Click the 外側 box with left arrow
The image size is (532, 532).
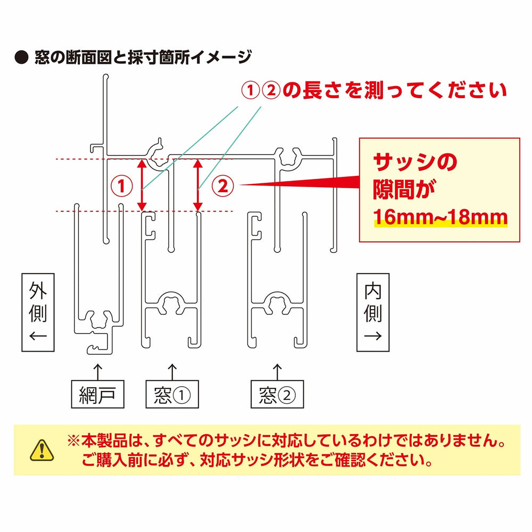(38, 312)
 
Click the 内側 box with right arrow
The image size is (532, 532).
(373, 312)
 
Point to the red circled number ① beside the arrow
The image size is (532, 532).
(122, 186)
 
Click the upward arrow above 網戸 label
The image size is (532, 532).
(97, 369)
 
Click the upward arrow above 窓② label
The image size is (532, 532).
(277, 369)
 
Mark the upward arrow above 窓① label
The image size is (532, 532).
(172, 369)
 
